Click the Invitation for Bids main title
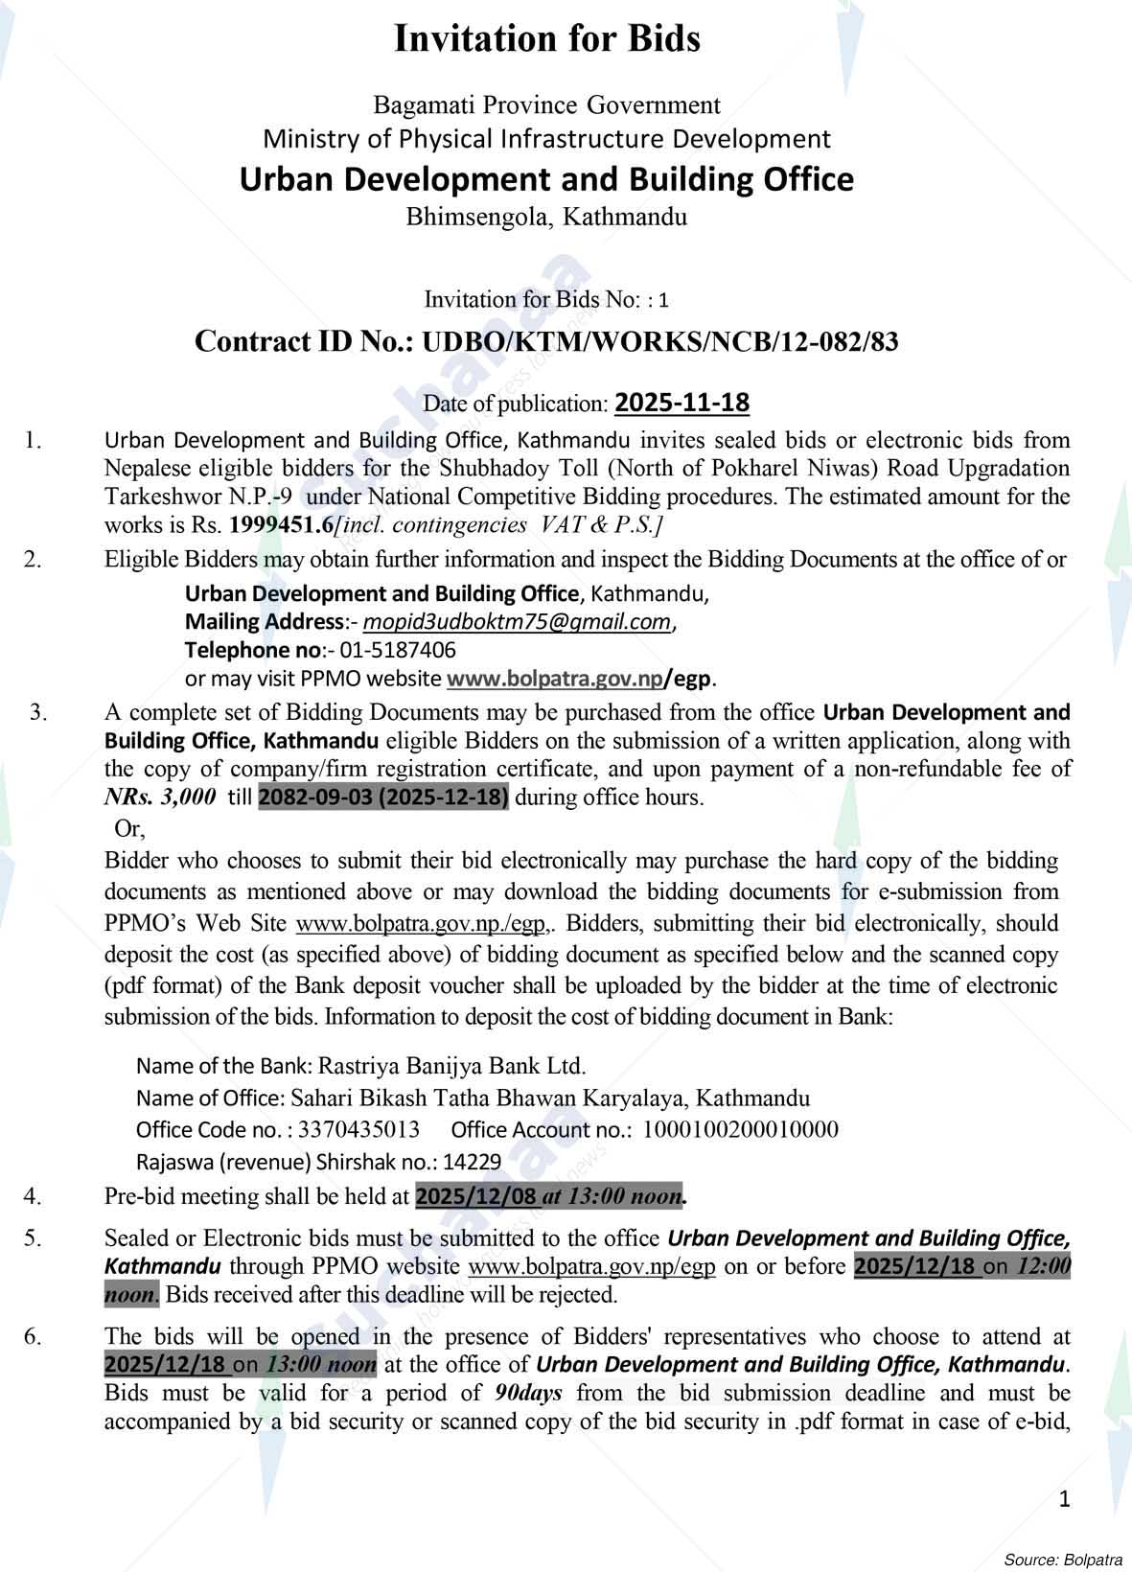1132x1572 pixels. [x=547, y=39]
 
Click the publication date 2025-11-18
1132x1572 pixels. [x=682, y=403]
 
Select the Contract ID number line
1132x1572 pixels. [x=546, y=342]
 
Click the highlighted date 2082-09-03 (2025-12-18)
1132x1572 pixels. [x=383, y=798]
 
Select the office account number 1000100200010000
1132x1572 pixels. [x=739, y=1130]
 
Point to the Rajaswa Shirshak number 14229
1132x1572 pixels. [x=473, y=1163]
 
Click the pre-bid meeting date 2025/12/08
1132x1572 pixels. [x=476, y=1196]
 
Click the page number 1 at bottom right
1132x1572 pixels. [x=1065, y=1499]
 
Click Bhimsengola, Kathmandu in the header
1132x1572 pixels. [x=546, y=217]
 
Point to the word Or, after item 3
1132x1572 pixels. [x=129, y=828]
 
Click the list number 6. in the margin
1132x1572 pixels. [x=34, y=1336]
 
